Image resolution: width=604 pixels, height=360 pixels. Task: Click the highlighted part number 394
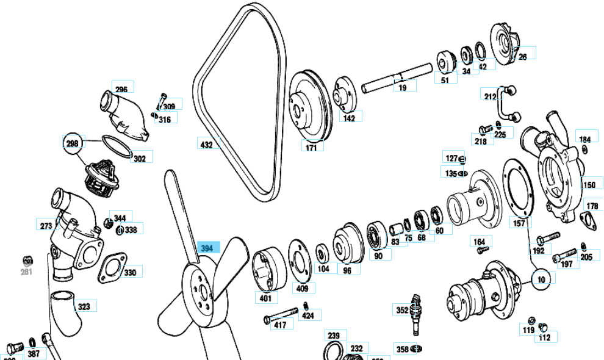tap(206, 248)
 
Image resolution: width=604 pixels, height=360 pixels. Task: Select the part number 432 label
tap(206, 145)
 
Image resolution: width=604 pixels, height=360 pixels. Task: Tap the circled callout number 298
tap(73, 143)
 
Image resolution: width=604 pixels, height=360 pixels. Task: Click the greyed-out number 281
tap(26, 271)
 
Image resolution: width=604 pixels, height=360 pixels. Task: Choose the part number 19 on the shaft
tap(402, 88)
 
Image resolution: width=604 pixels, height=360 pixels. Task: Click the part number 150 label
tap(589, 185)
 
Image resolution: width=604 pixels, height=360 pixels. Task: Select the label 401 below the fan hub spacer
tap(265, 299)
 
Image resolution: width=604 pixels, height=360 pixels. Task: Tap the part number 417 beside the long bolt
tap(279, 325)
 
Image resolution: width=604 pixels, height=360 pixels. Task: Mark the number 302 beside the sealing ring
tap(140, 159)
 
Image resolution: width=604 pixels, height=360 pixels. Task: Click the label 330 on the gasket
tap(130, 272)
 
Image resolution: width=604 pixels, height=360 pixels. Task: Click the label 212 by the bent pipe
tap(490, 96)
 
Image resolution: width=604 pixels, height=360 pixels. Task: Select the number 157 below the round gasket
tap(519, 224)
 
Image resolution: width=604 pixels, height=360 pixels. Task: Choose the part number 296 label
tap(121, 89)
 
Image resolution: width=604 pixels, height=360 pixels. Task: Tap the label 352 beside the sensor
tap(402, 310)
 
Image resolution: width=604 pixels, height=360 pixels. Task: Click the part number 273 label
tap(46, 225)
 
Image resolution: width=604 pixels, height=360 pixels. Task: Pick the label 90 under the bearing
tap(378, 256)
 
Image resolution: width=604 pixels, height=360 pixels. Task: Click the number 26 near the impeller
tap(522, 57)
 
